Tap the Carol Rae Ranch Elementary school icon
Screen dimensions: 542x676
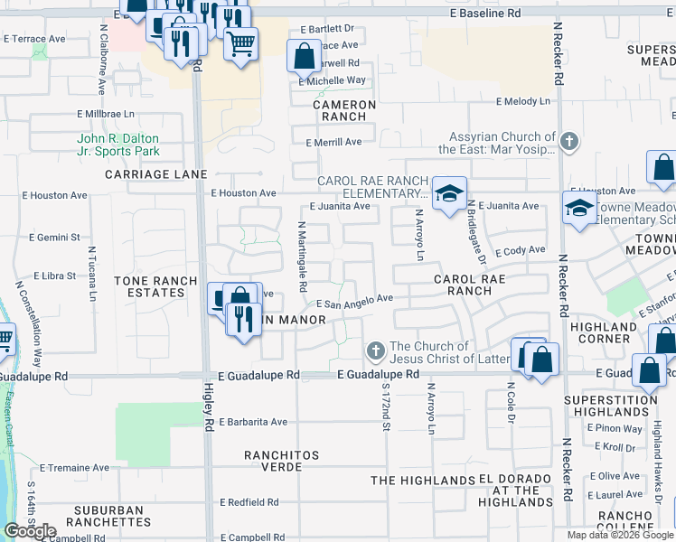click(x=447, y=194)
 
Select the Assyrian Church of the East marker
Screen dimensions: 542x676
click(x=568, y=142)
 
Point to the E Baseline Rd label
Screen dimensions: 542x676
click(x=486, y=14)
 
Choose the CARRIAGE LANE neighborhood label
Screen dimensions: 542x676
click(x=155, y=173)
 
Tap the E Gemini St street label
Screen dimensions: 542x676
click(x=56, y=237)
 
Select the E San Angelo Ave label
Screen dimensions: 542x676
click(x=354, y=301)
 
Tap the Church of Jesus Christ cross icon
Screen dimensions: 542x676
click(x=376, y=350)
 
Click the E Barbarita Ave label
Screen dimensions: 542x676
click(x=252, y=422)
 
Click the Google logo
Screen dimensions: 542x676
click(x=30, y=530)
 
